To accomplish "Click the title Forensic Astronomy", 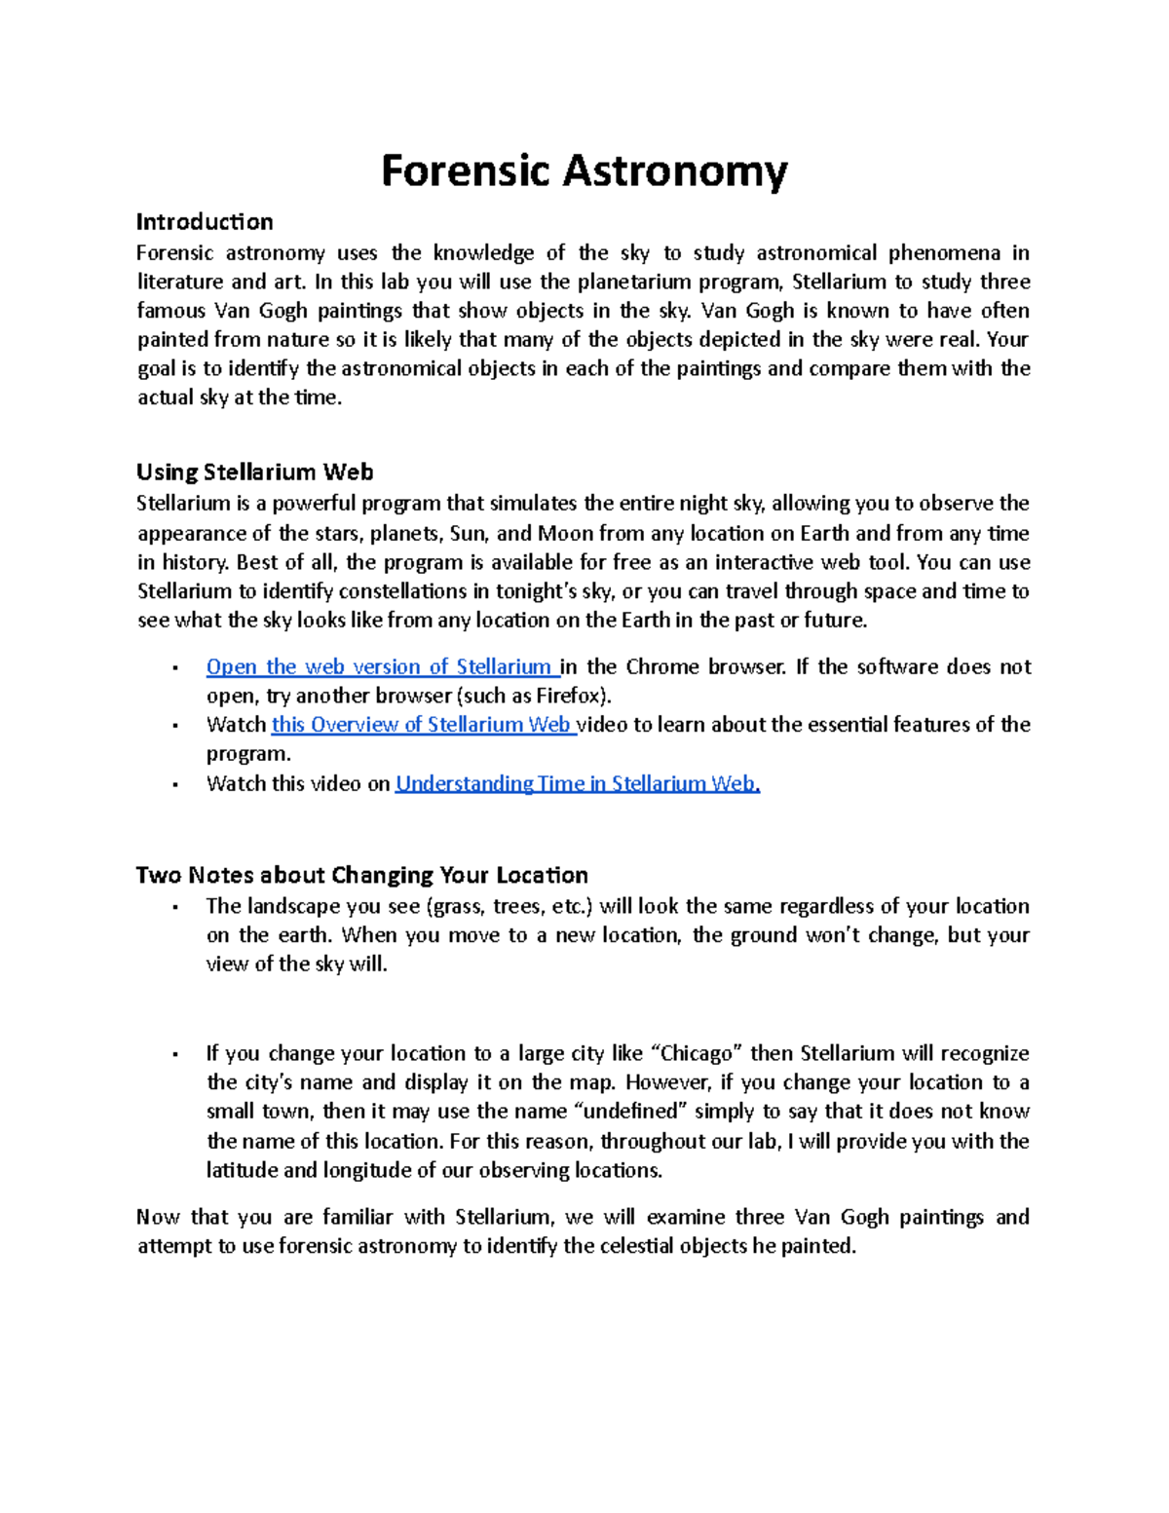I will pos(584,171).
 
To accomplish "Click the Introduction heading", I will pos(205,221).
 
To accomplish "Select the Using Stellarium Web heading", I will pos(254,473).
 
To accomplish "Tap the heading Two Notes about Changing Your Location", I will pos(361,875).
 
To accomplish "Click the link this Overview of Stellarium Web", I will pos(422,725).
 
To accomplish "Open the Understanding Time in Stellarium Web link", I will pos(577,784).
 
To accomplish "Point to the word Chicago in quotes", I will pos(697,1054).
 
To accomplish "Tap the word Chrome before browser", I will pos(661,667).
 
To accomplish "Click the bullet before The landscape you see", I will pos(173,907).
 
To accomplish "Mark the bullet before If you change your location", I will pos(173,1054).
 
